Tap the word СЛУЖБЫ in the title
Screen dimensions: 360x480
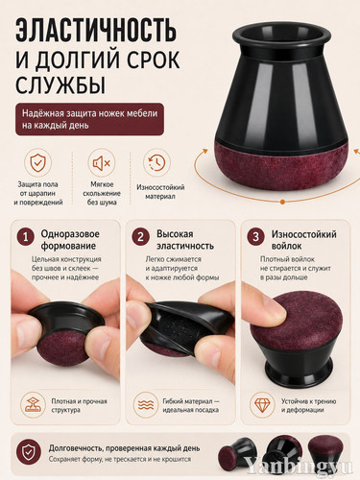pyautogui.click(x=60, y=84)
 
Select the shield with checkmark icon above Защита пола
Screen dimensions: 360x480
pyautogui.click(x=37, y=162)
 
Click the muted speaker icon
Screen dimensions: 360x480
pyautogui.click(x=102, y=163)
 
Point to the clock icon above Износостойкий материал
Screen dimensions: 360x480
pyautogui.click(x=156, y=162)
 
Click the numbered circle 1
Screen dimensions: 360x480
pyautogui.click(x=26, y=237)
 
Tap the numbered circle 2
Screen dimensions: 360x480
pyautogui.click(x=140, y=237)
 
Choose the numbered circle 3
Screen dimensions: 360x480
pyautogui.click(x=255, y=237)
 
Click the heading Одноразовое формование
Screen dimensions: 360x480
pyautogui.click(x=70, y=240)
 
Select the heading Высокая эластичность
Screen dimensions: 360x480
pyautogui.click(x=184, y=240)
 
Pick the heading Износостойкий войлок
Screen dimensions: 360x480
pyautogui.click(x=303, y=240)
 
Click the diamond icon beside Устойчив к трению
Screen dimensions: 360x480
pyautogui.click(x=262, y=404)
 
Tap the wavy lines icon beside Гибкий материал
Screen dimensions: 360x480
pyautogui.click(x=146, y=404)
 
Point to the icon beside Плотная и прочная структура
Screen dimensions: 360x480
pyautogui.click(x=32, y=404)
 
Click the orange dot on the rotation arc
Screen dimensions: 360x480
pyautogui.click(x=282, y=202)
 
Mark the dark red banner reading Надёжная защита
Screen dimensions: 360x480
pyautogui.click(x=89, y=119)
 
